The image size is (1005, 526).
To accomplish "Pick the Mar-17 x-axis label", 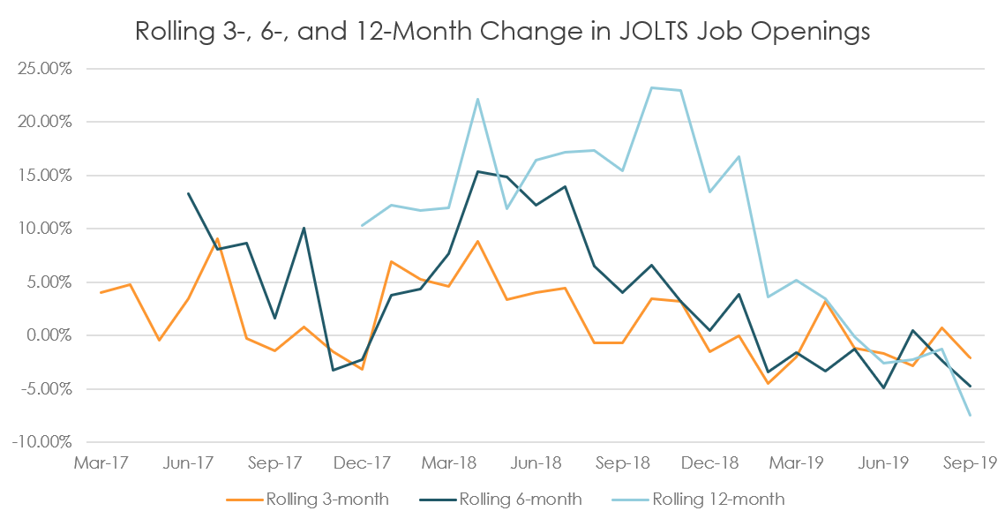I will click(x=99, y=462).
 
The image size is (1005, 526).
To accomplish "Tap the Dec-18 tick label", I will click(x=709, y=462).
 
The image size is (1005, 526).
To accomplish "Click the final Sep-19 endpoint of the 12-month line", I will click(x=971, y=415).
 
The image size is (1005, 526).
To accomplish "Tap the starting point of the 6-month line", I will click(x=188, y=193).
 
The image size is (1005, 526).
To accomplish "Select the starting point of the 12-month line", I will click(x=363, y=225).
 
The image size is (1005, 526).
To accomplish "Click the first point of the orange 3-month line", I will click(x=101, y=292).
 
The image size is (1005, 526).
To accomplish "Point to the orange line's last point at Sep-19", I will click(x=971, y=358).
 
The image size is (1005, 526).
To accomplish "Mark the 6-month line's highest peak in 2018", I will click(x=478, y=171).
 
